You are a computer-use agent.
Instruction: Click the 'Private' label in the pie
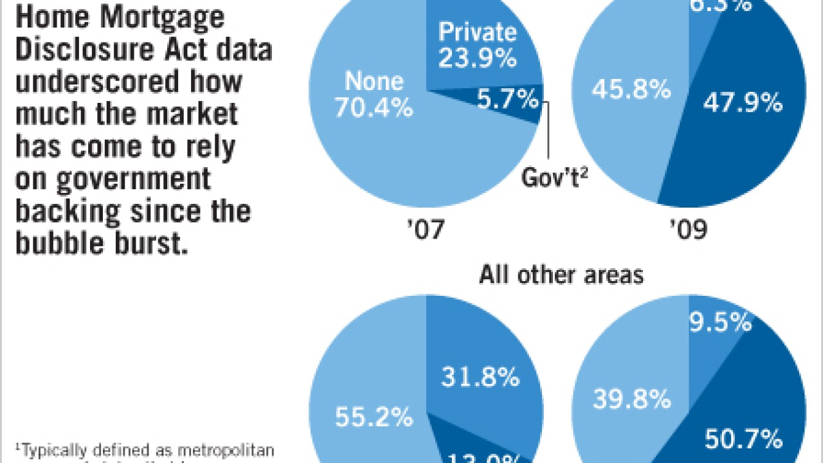click(476, 32)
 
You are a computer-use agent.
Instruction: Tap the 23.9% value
click(476, 59)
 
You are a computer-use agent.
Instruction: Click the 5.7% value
click(508, 98)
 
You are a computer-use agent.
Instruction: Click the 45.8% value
click(631, 89)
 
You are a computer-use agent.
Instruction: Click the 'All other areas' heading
click(561, 275)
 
